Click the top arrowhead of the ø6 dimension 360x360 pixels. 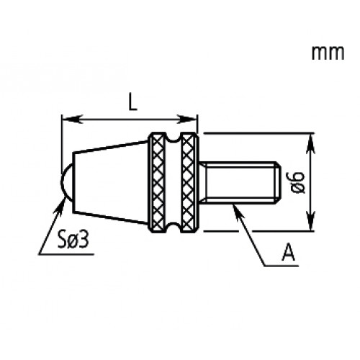[x=311, y=139]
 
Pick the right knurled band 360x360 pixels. [x=189, y=183]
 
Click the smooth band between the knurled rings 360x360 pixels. [x=173, y=183]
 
